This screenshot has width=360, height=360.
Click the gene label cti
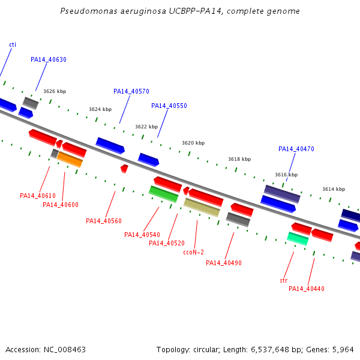pyautogui.click(x=13, y=44)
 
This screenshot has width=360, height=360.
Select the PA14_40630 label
pyautogui.click(x=49, y=59)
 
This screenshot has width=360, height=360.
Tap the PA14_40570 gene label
pyautogui.click(x=131, y=91)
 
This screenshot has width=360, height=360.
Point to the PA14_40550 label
pyautogui.click(x=169, y=106)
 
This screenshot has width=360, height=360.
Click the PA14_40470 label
pyautogui.click(x=296, y=149)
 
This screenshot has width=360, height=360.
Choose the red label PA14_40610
pyautogui.click(x=38, y=196)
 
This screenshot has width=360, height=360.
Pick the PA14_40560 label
pyautogui.click(x=104, y=221)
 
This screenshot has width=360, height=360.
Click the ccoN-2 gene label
pyautogui.click(x=194, y=253)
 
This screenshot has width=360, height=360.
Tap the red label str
pyautogui.click(x=284, y=280)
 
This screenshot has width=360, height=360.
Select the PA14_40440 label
pyautogui.click(x=307, y=289)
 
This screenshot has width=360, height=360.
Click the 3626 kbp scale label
pyautogui.click(x=55, y=91)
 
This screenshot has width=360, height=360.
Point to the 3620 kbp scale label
pyautogui.click(x=193, y=143)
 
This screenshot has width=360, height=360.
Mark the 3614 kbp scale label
pyautogui.click(x=334, y=189)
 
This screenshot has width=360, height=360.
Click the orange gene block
pyautogui.click(x=70, y=160)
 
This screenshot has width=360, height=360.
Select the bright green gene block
pyautogui.click(x=164, y=194)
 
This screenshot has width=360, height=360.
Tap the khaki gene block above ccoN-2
pyautogui.click(x=202, y=208)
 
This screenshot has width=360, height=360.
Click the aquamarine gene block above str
pyautogui.click(x=298, y=239)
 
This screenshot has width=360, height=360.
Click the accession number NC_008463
pyautogui.click(x=65, y=350)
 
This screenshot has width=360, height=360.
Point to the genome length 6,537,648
pyautogui.click(x=270, y=350)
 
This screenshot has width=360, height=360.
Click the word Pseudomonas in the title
pyautogui.click(x=89, y=11)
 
